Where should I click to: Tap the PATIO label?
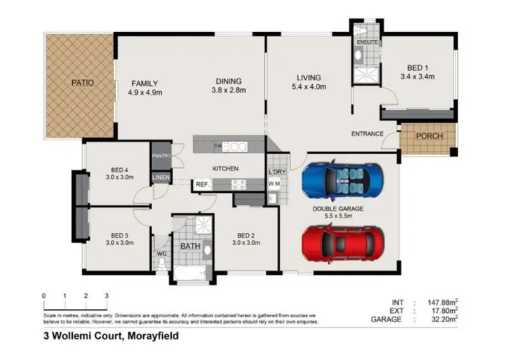pyautogui.click(x=83, y=83)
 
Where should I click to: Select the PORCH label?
pyautogui.click(x=429, y=136)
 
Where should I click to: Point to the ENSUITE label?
pyautogui.click(x=368, y=43)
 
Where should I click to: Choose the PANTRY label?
pyautogui.click(x=161, y=156)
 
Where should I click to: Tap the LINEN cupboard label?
pyautogui.click(x=161, y=178)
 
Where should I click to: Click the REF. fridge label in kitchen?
pyautogui.click(x=202, y=183)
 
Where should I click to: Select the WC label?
pyautogui.click(x=161, y=254)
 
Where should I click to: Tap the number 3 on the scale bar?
pyautogui.click(x=106, y=296)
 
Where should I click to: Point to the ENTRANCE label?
pyautogui.click(x=367, y=134)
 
